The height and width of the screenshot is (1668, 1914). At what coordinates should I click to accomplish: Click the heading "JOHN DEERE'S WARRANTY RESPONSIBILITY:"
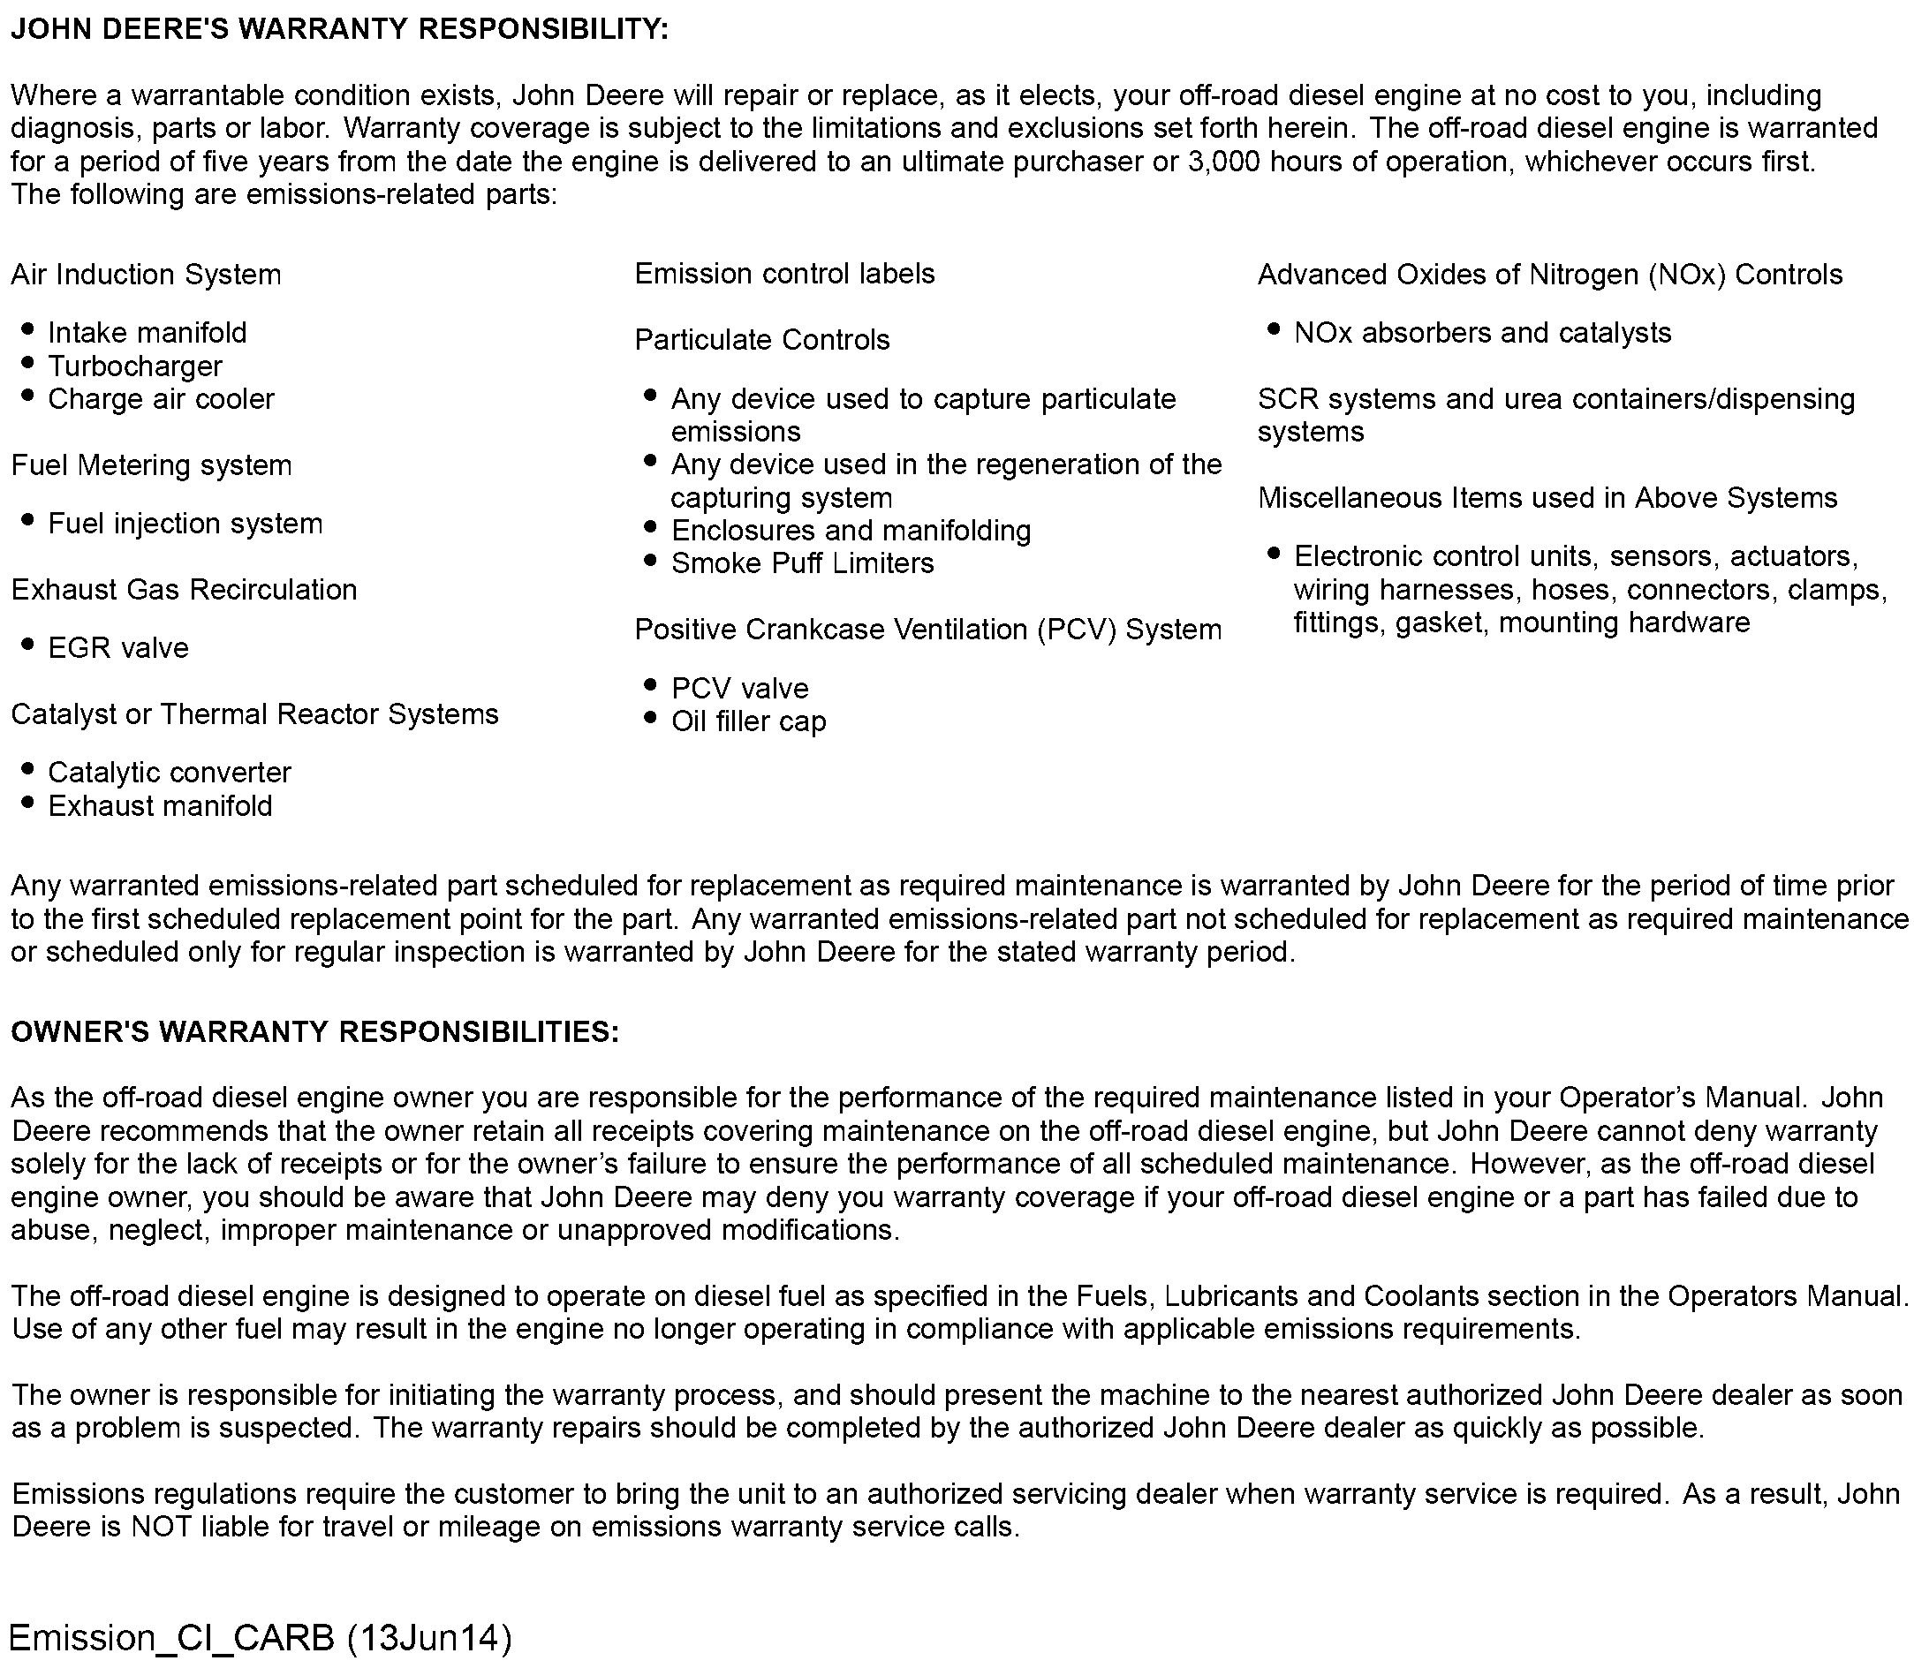point(339,30)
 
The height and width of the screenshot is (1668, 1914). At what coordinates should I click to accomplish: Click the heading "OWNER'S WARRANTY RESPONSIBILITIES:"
point(314,1031)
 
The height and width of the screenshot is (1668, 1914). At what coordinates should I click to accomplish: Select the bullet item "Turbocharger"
point(135,366)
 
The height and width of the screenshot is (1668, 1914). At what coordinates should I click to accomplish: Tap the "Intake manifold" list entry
point(148,332)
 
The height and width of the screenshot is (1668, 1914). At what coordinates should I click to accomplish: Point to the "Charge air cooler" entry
point(161,399)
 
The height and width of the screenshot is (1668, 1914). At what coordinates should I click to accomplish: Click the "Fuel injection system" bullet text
point(185,523)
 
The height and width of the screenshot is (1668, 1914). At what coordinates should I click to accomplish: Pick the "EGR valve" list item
point(118,648)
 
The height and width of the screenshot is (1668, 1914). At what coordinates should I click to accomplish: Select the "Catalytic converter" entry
point(170,773)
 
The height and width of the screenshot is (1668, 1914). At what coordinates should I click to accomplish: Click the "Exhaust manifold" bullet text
point(160,805)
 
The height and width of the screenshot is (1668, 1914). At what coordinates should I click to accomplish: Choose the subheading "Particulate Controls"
point(761,340)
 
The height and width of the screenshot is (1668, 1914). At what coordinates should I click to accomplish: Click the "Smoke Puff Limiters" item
point(803,563)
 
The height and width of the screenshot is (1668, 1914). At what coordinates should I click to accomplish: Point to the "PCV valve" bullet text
point(740,688)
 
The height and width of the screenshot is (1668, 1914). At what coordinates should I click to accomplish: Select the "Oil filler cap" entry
point(748,721)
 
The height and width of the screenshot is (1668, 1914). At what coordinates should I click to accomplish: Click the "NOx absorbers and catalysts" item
point(1482,332)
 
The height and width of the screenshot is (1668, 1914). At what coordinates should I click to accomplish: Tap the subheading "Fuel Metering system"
point(152,465)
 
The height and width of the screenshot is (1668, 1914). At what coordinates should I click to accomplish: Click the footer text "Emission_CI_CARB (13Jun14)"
point(261,1637)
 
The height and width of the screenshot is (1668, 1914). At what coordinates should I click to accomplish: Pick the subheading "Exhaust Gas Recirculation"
point(185,589)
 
